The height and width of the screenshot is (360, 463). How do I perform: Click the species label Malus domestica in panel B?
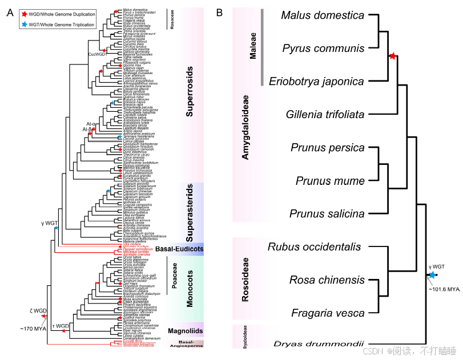click(x=322, y=15)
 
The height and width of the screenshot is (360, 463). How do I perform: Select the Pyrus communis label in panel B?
click(x=323, y=48)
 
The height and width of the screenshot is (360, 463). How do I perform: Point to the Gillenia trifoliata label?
click(x=325, y=114)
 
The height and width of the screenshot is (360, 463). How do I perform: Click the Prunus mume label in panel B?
click(x=330, y=181)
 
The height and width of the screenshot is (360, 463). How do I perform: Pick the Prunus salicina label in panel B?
click(x=327, y=214)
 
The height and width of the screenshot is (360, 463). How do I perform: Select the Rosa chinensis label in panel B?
click(x=327, y=280)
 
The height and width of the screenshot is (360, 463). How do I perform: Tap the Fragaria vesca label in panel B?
click(x=328, y=313)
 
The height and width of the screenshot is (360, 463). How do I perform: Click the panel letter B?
click(x=219, y=11)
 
